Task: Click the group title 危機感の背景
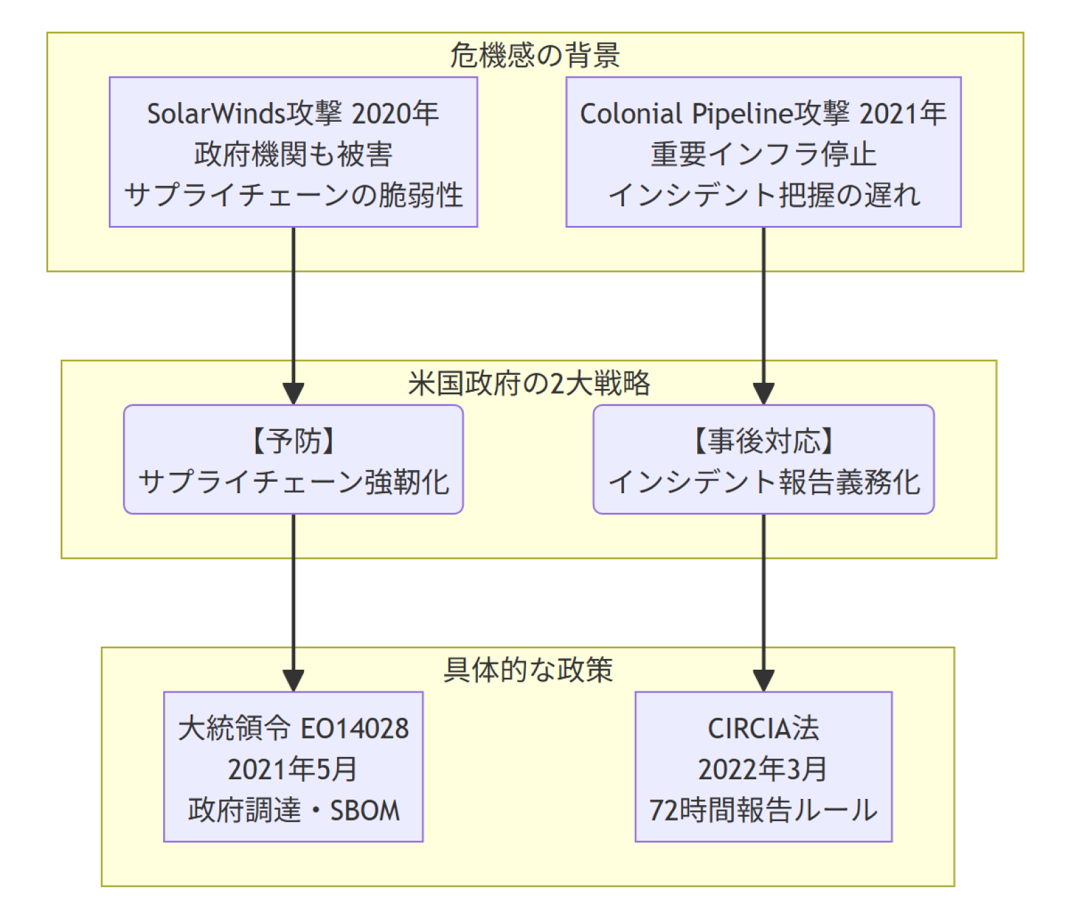point(535,55)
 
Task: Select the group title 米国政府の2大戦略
point(529,384)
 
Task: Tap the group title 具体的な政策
point(528,670)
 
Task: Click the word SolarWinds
point(216,114)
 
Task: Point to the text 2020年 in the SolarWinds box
point(395,114)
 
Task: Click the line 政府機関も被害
point(293,154)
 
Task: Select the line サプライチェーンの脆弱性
point(293,195)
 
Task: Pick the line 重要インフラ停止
point(764,154)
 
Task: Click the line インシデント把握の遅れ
point(764,195)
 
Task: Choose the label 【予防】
point(293,442)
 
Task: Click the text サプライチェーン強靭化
point(293,482)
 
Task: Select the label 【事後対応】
point(764,442)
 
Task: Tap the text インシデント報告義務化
point(764,482)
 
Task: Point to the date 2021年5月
point(292,770)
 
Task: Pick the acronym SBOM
point(365,810)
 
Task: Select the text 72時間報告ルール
point(764,810)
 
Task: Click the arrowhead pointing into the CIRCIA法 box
point(764,681)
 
